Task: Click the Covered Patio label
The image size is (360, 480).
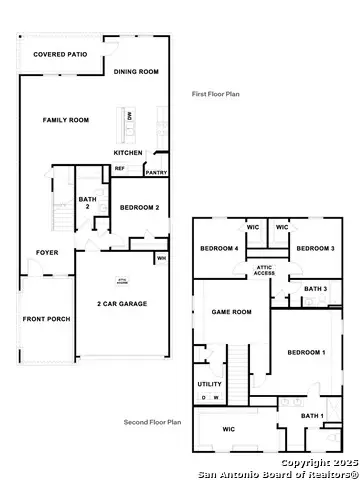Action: click(x=56, y=55)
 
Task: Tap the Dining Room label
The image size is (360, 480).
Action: click(x=136, y=72)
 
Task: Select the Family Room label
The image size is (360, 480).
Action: click(x=66, y=120)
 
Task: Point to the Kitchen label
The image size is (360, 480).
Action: click(x=128, y=152)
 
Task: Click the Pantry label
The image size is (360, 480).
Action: click(x=156, y=172)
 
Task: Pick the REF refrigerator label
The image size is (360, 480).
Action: click(x=119, y=168)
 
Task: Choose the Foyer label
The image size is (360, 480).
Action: click(x=47, y=252)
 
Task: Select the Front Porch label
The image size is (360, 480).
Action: click(x=44, y=320)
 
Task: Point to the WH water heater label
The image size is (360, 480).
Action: click(x=160, y=258)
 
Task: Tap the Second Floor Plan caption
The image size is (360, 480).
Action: click(x=151, y=422)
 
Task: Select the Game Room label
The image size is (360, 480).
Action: click(x=231, y=312)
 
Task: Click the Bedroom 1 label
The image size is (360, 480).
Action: click(x=306, y=353)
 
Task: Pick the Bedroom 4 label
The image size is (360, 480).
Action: click(x=219, y=248)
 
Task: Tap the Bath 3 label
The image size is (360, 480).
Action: click(x=315, y=289)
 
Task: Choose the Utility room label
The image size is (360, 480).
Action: click(x=210, y=384)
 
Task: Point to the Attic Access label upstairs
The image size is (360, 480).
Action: click(x=265, y=270)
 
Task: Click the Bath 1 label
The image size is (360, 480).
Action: click(x=313, y=415)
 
